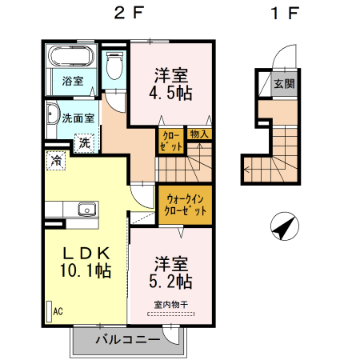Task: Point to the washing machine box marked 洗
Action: [x=83, y=143]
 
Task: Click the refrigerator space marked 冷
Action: [x=56, y=160]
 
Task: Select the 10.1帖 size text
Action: [x=84, y=270]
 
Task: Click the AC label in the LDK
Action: [x=58, y=312]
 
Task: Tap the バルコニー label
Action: [x=125, y=339]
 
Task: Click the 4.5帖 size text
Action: [x=172, y=94]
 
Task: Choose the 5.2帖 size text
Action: [x=172, y=281]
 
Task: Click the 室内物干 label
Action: [x=170, y=304]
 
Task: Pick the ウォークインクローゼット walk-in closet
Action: [x=185, y=205]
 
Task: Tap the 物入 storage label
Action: [x=199, y=134]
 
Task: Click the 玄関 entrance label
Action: [x=282, y=83]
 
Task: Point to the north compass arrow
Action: [x=282, y=227]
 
